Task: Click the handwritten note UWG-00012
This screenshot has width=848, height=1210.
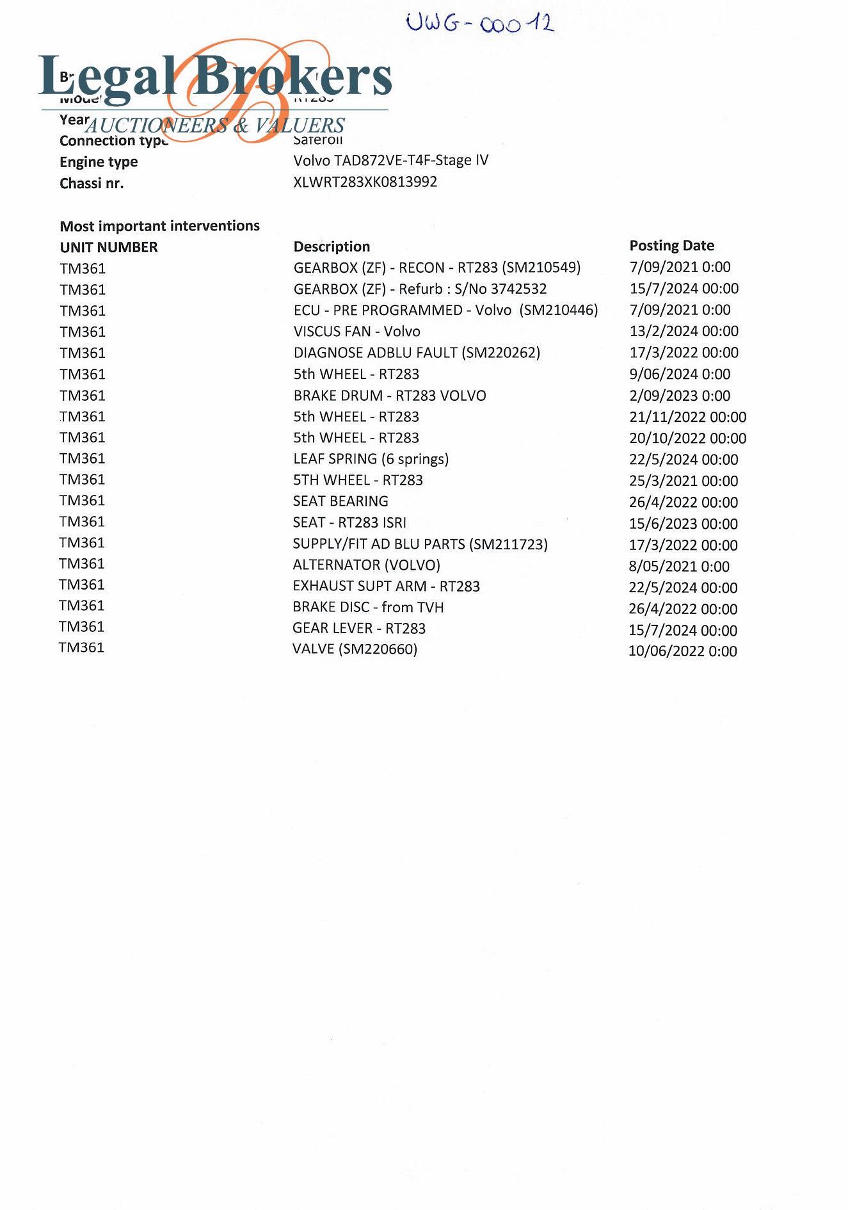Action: pyautogui.click(x=480, y=24)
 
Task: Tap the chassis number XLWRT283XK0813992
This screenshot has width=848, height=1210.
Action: pyautogui.click(x=365, y=182)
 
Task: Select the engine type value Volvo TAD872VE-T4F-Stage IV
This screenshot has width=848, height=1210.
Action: pyautogui.click(x=390, y=160)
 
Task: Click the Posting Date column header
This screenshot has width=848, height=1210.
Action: pyautogui.click(x=671, y=245)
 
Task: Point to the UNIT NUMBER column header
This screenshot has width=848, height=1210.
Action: pyautogui.click(x=108, y=247)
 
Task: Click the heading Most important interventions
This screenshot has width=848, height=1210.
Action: pyautogui.click(x=159, y=226)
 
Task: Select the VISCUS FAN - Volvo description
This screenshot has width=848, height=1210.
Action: pyautogui.click(x=356, y=331)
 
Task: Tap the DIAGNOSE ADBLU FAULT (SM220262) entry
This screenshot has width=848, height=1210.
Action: pyautogui.click(x=417, y=353)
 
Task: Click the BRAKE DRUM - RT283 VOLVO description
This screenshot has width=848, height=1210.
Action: pyautogui.click(x=390, y=396)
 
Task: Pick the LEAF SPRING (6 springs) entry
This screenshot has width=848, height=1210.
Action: pyautogui.click(x=371, y=459)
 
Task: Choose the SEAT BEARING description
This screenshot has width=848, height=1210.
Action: pyautogui.click(x=340, y=501)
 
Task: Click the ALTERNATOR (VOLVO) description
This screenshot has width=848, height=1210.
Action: pyautogui.click(x=366, y=565)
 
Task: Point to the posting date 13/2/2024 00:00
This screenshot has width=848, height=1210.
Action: pyautogui.click(x=684, y=331)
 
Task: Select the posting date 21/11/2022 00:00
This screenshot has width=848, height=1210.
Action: pyautogui.click(x=687, y=417)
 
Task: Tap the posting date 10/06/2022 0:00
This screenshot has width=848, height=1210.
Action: pyautogui.click(x=682, y=651)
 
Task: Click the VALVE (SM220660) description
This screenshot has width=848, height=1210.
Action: pyautogui.click(x=355, y=649)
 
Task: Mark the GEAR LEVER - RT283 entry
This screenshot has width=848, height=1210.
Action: pyautogui.click(x=358, y=628)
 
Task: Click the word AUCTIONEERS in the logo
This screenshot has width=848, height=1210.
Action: pyautogui.click(x=156, y=125)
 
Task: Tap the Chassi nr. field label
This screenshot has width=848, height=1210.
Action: pyautogui.click(x=92, y=184)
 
